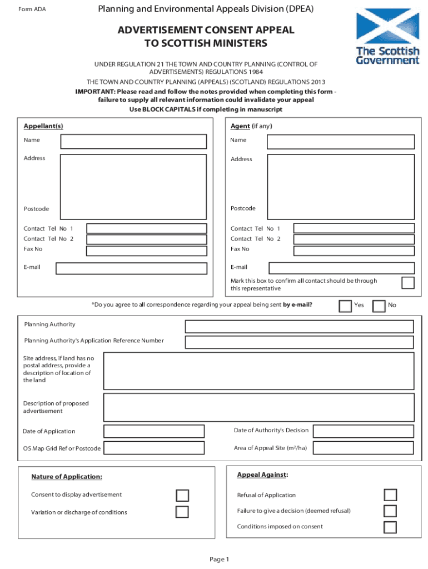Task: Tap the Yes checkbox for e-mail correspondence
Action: [x=345, y=306]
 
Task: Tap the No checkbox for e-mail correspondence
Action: [x=379, y=306]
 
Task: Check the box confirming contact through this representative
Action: [x=408, y=283]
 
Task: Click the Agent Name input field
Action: [x=341, y=142]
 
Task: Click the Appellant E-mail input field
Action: [x=131, y=268]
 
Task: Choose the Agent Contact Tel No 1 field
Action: [x=354, y=228]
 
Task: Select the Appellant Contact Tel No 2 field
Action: [x=147, y=239]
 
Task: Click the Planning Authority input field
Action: [x=300, y=326]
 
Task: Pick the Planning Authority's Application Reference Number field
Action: [x=300, y=342]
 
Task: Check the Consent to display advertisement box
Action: [x=182, y=495]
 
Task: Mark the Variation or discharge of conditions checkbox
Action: [x=182, y=512]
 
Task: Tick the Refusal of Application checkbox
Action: [x=390, y=495]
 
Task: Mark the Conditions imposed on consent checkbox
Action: [x=390, y=527]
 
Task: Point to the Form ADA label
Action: [x=32, y=9]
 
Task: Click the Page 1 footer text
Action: [x=219, y=559]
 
